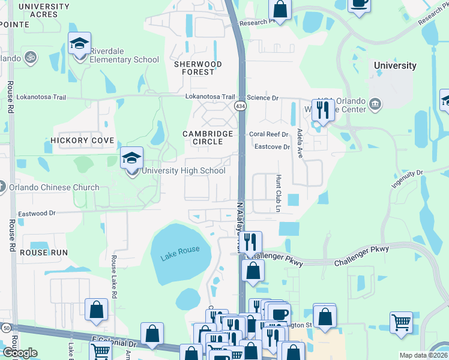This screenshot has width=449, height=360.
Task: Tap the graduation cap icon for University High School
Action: point(132,159)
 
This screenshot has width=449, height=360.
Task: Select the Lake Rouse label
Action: point(179,250)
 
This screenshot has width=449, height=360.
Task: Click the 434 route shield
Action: point(240,106)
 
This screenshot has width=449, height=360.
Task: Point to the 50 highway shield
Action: point(5,329)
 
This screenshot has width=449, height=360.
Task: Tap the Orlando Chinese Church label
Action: point(54,188)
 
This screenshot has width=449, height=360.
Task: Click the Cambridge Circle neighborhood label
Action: point(208,137)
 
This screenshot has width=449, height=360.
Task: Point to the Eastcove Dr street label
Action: point(272,146)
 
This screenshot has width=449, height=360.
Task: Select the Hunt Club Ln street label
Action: point(278,194)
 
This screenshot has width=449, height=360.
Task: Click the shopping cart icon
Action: point(401,322)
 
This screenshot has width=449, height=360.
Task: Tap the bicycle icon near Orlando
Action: point(31,58)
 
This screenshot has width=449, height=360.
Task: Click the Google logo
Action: point(20,353)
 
